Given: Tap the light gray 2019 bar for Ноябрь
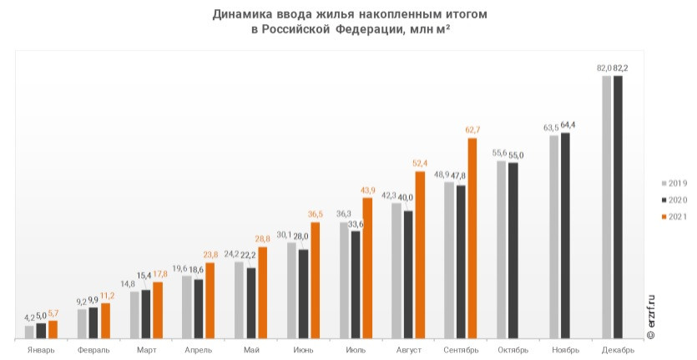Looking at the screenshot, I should [554, 236].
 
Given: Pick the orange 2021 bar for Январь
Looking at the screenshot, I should [53, 330].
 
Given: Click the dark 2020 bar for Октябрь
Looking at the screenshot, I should [513, 251].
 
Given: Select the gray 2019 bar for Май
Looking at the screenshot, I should [240, 300].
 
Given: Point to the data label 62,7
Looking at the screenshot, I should [473, 129].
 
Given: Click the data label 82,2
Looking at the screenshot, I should [621, 68].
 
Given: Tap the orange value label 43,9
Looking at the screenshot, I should [368, 190].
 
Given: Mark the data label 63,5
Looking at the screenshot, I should [551, 128].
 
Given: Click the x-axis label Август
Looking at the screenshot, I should [408, 350].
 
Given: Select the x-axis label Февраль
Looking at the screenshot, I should [93, 350].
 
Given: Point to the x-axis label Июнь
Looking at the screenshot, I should [303, 350].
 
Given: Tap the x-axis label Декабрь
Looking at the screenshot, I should [618, 350].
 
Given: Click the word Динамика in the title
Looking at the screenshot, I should [243, 14].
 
